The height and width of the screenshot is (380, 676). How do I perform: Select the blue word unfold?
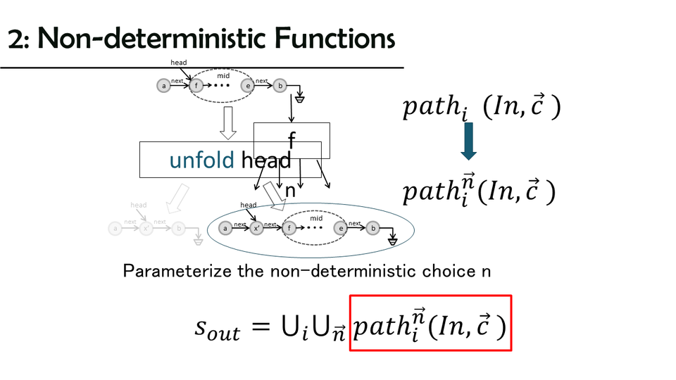click(201, 160)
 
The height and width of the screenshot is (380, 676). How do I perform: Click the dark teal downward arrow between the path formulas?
click(469, 141)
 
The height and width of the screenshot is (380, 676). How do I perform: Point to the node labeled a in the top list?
click(164, 86)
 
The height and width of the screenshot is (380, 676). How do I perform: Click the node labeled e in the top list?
click(247, 86)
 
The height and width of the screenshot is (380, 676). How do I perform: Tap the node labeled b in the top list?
click(280, 86)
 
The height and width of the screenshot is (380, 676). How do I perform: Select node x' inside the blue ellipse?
click(257, 228)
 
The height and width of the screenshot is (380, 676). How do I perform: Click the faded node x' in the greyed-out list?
click(146, 228)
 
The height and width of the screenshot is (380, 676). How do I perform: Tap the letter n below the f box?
click(290, 191)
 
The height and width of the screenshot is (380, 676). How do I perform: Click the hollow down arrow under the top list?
click(227, 122)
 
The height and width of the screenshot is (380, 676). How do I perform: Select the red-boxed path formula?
click(430, 322)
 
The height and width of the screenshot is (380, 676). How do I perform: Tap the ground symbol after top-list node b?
click(300, 99)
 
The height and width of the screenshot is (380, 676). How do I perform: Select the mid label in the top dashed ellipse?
click(223, 75)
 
